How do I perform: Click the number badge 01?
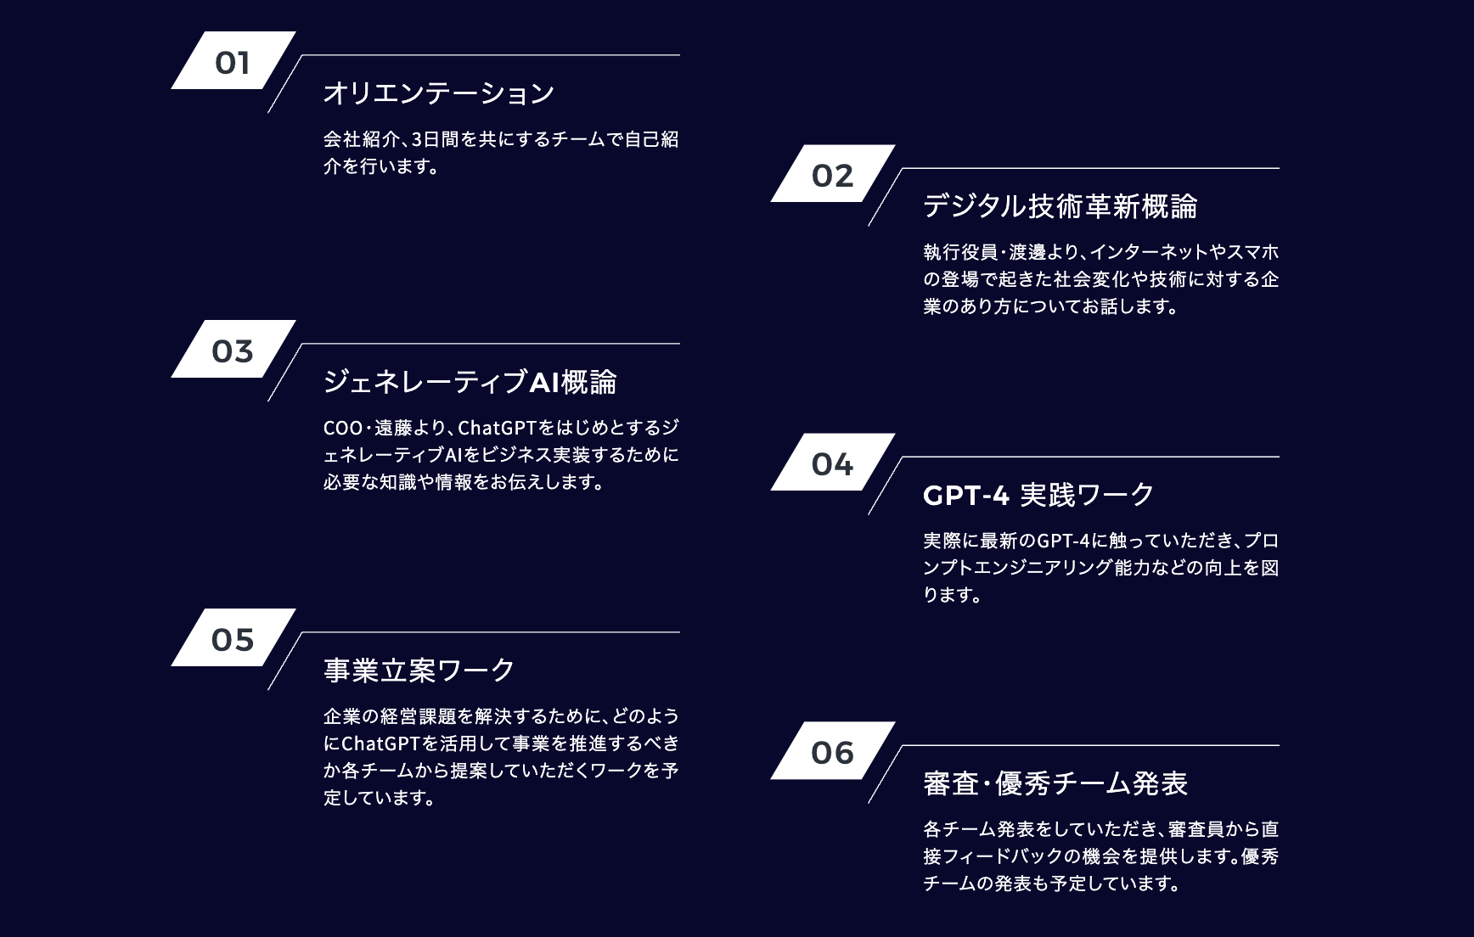233,61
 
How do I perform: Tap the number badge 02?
832,175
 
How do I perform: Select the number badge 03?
233,350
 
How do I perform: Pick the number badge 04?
832,463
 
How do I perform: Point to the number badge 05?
233,638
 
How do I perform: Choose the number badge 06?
832,752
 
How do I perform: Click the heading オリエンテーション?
438,93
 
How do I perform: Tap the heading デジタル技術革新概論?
1060,206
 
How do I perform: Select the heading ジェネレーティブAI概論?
470,382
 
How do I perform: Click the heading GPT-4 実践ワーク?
1038,495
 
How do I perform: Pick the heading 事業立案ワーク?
419,670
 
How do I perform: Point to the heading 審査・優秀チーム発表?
1055,783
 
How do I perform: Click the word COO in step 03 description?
343,428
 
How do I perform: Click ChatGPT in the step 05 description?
380,743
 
